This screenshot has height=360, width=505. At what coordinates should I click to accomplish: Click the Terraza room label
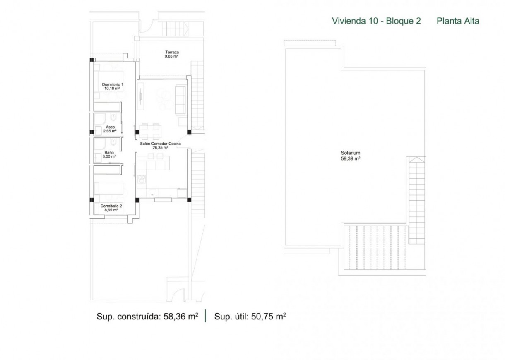(172, 52)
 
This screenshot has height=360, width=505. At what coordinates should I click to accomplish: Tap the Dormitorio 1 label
(113, 84)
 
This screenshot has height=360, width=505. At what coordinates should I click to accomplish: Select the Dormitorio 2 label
(111, 206)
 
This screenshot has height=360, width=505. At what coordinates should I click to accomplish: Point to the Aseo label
(110, 127)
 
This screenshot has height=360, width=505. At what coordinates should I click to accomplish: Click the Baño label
(109, 153)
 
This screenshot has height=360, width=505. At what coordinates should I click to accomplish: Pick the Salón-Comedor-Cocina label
(160, 144)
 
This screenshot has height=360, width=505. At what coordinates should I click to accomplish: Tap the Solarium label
(351, 153)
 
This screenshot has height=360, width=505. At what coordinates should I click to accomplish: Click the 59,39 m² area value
(351, 158)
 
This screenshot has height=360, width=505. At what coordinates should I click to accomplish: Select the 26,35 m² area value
(160, 148)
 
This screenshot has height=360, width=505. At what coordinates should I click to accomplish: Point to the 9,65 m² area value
(171, 56)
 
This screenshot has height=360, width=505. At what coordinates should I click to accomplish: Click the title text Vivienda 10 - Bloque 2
(376, 21)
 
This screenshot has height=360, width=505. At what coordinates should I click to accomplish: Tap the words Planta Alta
(458, 21)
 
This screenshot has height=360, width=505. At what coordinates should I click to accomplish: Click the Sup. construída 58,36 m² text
(147, 316)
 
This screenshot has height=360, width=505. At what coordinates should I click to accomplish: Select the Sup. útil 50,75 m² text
(250, 316)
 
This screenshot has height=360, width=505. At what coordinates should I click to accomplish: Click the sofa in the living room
(180, 100)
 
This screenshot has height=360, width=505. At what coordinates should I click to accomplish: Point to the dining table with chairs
(150, 132)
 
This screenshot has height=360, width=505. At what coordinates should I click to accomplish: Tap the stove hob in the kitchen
(142, 180)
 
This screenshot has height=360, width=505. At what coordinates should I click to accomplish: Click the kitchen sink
(152, 193)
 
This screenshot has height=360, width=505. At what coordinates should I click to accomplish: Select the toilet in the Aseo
(113, 117)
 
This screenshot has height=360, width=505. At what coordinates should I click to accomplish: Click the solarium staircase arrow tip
(417, 157)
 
